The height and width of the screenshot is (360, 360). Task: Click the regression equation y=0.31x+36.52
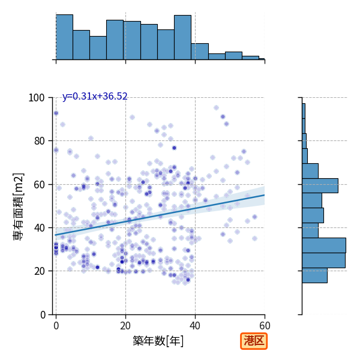point(95,97)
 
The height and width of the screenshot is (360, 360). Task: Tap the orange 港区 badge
point(254,341)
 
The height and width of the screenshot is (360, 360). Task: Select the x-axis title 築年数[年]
point(158,341)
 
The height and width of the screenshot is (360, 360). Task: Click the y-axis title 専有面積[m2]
point(19,206)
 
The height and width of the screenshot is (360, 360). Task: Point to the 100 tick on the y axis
point(36,98)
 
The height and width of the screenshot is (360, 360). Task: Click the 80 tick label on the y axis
point(39,141)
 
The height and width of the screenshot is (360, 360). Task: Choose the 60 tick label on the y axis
point(39,185)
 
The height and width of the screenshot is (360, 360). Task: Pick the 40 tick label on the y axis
point(39,228)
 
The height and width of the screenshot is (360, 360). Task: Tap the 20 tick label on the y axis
point(39,271)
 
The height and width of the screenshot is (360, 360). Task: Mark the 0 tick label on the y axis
point(43,315)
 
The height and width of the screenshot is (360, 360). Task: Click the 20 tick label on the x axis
point(125,326)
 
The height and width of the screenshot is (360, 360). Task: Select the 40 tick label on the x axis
point(195,326)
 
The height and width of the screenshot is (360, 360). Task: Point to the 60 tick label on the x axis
point(265,326)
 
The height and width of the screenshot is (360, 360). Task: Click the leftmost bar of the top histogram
point(65,37)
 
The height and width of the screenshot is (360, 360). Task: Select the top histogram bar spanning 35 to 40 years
point(182,37)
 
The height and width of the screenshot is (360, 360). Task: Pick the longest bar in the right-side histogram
point(324,245)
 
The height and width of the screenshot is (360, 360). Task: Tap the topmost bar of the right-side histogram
point(304,111)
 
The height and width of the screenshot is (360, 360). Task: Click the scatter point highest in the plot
point(216,107)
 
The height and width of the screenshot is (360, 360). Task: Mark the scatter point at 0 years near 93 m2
point(56,113)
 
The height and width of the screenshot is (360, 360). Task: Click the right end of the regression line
point(265,195)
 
